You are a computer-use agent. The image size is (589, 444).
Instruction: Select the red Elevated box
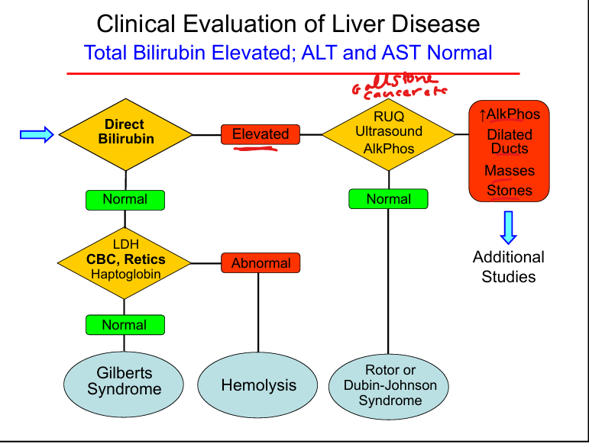coord(261,134)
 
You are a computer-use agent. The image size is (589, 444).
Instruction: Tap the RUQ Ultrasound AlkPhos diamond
coord(388,134)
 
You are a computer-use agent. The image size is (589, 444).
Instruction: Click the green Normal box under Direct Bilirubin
coord(125,199)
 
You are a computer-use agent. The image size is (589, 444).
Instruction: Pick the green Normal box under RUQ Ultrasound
coord(388,199)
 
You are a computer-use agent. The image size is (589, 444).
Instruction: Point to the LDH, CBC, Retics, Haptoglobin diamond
coord(126,261)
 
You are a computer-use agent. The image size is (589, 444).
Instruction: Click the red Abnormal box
coord(261,263)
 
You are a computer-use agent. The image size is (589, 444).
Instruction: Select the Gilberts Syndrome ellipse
coord(125,381)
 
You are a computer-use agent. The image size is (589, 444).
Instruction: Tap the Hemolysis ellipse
coord(258,385)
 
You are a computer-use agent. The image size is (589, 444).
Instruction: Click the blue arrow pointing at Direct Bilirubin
coord(36,135)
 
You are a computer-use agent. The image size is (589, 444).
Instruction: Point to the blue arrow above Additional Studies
coord(509,227)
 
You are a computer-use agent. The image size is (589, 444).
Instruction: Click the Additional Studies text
coord(509,267)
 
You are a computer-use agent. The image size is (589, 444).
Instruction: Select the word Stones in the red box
coord(510,190)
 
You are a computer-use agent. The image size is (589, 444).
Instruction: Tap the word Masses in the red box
coord(510,170)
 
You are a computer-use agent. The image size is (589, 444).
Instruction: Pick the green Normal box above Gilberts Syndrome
coord(125,325)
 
